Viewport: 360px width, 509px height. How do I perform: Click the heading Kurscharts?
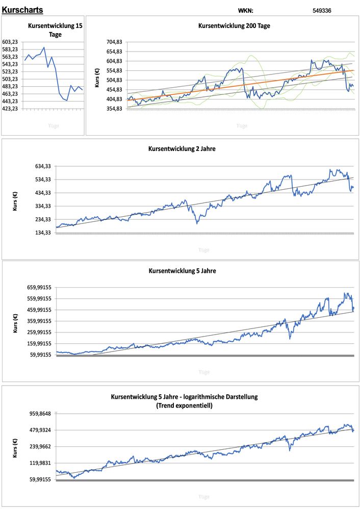click(x=22, y=10)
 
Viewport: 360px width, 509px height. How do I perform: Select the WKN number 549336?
click(x=322, y=10)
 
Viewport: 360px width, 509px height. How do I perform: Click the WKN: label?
click(x=245, y=10)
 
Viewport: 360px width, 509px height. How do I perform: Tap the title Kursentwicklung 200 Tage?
click(x=234, y=26)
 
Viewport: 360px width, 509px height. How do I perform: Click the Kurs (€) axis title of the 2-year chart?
click(x=15, y=199)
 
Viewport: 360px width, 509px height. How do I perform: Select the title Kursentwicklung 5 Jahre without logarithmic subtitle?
click(x=182, y=271)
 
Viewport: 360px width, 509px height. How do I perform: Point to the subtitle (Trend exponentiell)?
click(x=184, y=406)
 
